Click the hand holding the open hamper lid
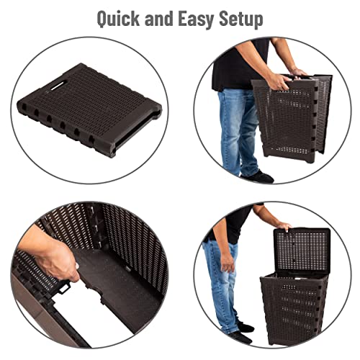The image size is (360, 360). point(283,227)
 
